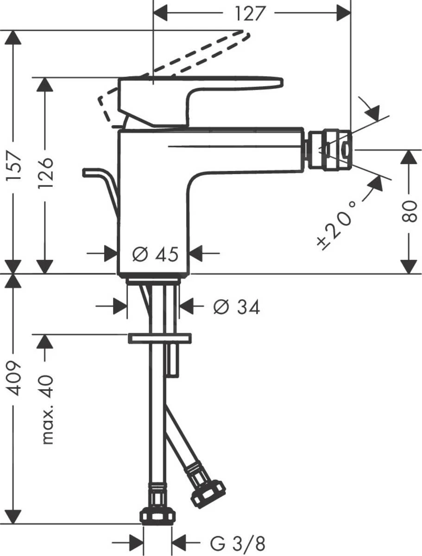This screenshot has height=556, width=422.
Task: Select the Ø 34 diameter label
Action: (x=236, y=306)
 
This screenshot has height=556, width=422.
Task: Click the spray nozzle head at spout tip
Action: (x=329, y=149)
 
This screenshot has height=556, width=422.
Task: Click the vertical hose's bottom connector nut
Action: (x=158, y=515)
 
